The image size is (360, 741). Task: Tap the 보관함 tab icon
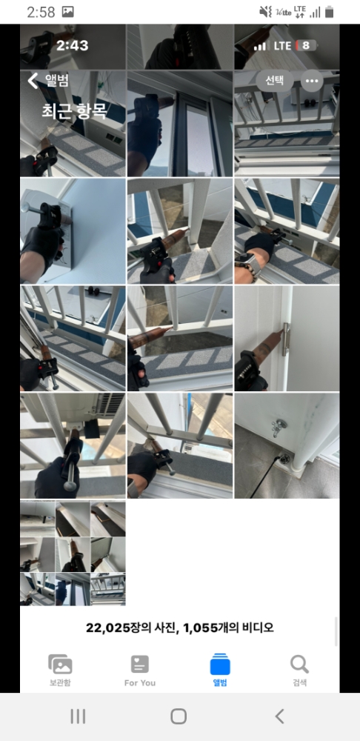pos(60,665)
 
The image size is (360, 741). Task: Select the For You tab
pos(140,671)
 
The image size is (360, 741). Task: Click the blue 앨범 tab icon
pos(220,664)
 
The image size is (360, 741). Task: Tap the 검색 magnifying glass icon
pos(299,664)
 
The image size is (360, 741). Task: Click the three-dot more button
pos(312,81)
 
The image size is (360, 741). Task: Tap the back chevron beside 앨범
pos(33,81)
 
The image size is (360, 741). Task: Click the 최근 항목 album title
pos(74,111)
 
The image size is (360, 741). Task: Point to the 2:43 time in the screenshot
pos(73,45)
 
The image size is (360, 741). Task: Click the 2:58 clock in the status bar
pos(41,12)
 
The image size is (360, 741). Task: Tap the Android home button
pos(179,717)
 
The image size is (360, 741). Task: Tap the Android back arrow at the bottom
pos(280,717)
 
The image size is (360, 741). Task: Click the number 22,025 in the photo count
pos(107,628)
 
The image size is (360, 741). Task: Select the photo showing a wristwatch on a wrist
pos(287,231)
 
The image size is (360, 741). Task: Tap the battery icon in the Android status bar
pos(330,12)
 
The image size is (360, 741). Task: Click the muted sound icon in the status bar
pos(265,12)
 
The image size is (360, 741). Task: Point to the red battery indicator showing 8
pos(306,45)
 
